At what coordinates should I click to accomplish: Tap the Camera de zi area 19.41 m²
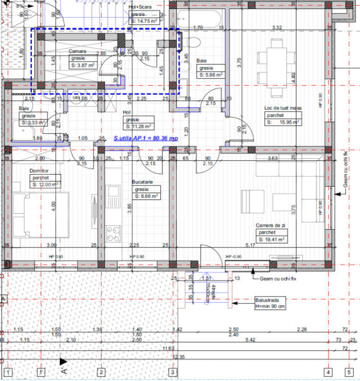click(271, 239)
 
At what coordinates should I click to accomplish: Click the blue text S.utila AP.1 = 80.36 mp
click(145, 139)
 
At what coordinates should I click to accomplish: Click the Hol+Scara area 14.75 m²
click(144, 21)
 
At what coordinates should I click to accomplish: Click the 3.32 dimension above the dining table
click(277, 27)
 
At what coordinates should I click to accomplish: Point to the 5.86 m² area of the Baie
click(211, 75)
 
